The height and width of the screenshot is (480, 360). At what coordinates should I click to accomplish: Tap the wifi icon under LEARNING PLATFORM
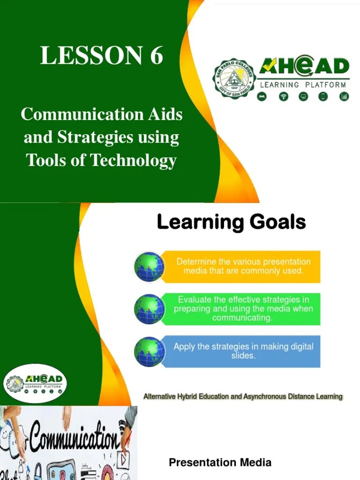[x=283, y=97]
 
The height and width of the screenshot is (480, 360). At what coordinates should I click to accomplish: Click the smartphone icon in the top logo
[x=323, y=97]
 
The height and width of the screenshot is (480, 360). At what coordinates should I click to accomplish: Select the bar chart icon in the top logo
[x=344, y=97]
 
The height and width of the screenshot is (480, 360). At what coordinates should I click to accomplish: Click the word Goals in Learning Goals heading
[x=277, y=222]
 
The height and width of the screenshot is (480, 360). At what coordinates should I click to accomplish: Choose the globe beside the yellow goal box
[x=150, y=266]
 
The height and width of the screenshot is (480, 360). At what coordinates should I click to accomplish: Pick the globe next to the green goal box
[x=150, y=309]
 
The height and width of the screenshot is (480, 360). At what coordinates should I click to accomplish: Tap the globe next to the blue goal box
[x=150, y=352]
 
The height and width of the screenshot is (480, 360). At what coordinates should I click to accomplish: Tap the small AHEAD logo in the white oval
[x=36, y=383]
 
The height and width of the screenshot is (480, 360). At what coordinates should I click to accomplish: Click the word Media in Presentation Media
[x=255, y=463]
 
